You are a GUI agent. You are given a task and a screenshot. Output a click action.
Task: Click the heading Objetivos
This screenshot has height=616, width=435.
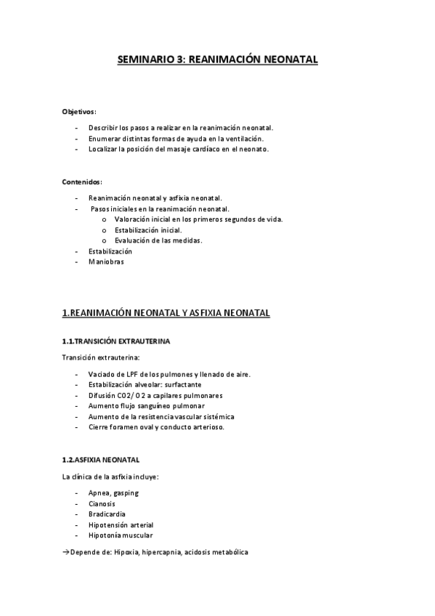(79, 112)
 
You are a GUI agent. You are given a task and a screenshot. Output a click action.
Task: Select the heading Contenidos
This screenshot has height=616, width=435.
(81, 182)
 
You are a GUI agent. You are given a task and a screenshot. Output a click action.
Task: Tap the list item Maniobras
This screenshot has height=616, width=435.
(106, 262)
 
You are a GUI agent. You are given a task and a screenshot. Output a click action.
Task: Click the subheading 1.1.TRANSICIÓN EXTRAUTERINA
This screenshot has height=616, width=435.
(116, 341)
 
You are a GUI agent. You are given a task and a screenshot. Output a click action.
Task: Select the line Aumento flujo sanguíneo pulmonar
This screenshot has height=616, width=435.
(146, 406)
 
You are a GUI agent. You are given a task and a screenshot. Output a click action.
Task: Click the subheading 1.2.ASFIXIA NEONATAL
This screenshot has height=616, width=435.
(101, 460)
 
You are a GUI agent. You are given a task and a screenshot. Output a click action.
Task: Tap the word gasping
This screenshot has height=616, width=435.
(126, 493)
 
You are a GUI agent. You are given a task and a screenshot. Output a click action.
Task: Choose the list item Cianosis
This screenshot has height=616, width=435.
(102, 503)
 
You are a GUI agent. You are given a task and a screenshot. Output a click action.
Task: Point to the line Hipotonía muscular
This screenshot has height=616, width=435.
(121, 535)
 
